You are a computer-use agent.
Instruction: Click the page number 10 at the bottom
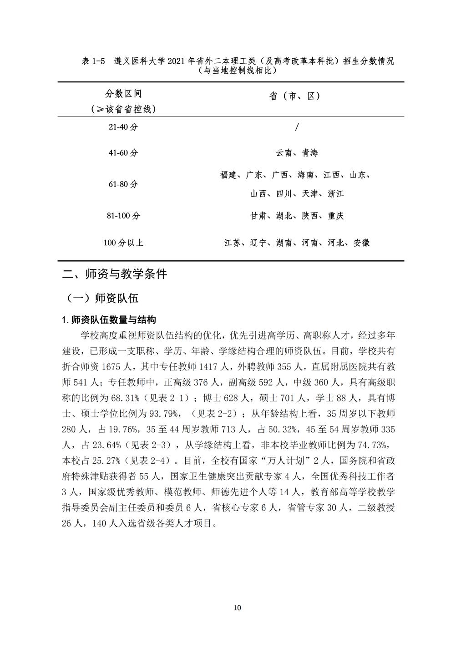click(x=237, y=608)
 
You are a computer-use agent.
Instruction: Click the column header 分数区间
click(x=123, y=94)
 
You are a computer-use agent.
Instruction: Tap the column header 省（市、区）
click(x=295, y=96)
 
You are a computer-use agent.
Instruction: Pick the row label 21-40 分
click(x=123, y=127)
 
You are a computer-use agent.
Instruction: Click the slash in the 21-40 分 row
click(x=297, y=127)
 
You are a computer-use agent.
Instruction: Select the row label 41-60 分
click(x=123, y=153)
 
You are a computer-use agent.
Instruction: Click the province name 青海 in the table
click(x=310, y=153)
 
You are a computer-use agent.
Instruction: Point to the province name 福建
click(x=228, y=175)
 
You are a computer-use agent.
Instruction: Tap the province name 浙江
click(x=336, y=194)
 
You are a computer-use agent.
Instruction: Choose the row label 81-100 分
click(x=123, y=216)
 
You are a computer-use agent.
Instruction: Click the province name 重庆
click(x=336, y=216)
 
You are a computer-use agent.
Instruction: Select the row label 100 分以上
click(x=123, y=243)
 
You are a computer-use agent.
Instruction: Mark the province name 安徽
click(x=362, y=243)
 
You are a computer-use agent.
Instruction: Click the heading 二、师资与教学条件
click(x=115, y=274)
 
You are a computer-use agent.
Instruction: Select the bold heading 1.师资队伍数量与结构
click(x=109, y=320)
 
